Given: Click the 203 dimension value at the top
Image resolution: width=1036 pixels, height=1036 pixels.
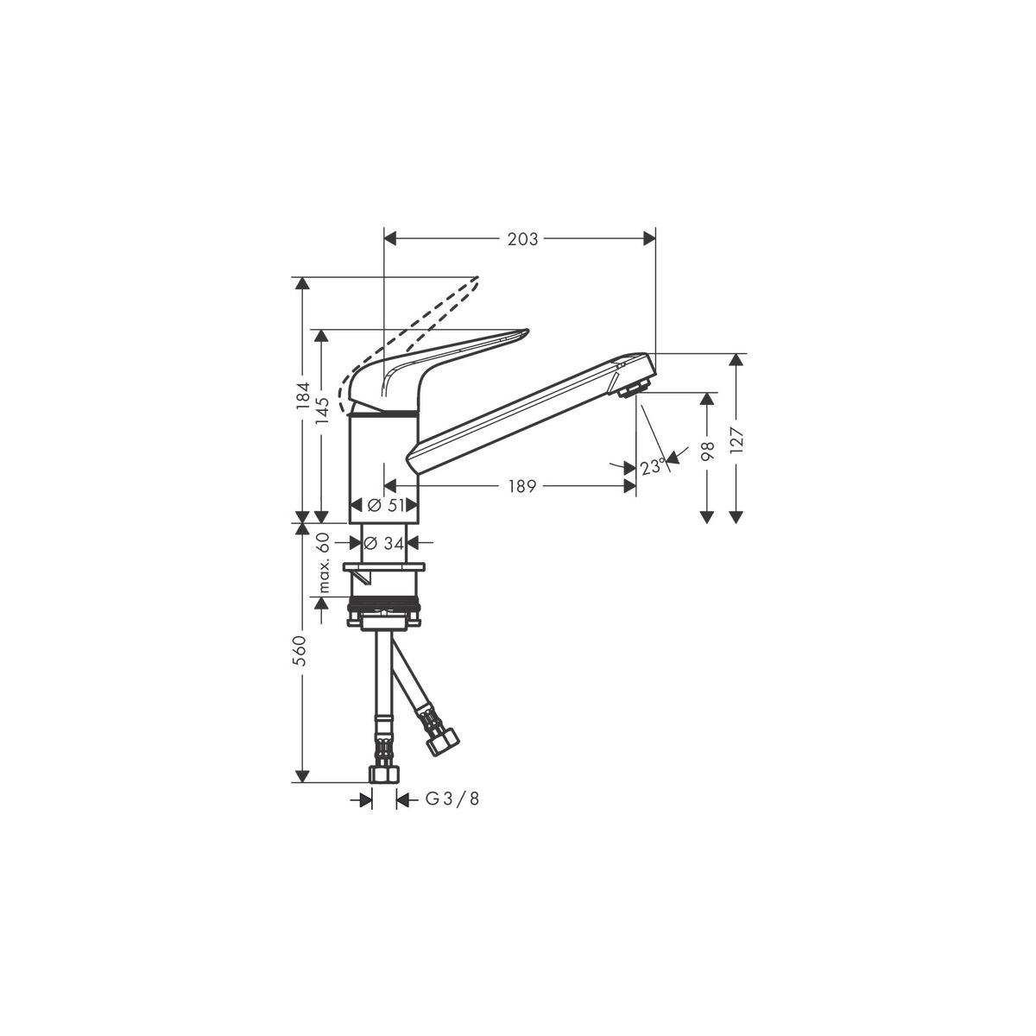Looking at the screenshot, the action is coord(522,239).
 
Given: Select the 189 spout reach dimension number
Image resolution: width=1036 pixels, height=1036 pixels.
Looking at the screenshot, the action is coord(522,487).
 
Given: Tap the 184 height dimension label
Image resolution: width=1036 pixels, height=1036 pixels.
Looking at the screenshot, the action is coord(303,396).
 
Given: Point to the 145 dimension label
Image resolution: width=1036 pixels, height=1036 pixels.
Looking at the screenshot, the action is coord(322,411).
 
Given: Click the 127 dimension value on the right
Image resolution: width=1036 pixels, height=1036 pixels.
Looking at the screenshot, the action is coord(736,440).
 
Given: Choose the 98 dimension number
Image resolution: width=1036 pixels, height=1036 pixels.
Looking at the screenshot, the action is coord(708,451).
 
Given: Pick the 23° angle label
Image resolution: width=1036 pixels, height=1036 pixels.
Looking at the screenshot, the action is coord(654,466).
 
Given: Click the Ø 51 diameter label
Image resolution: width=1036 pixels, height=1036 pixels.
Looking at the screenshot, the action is coord(385,505).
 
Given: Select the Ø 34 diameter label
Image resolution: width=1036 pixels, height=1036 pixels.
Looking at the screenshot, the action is coord(384,544).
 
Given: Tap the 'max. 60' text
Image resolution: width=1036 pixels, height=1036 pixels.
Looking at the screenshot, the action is coord(323,562).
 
